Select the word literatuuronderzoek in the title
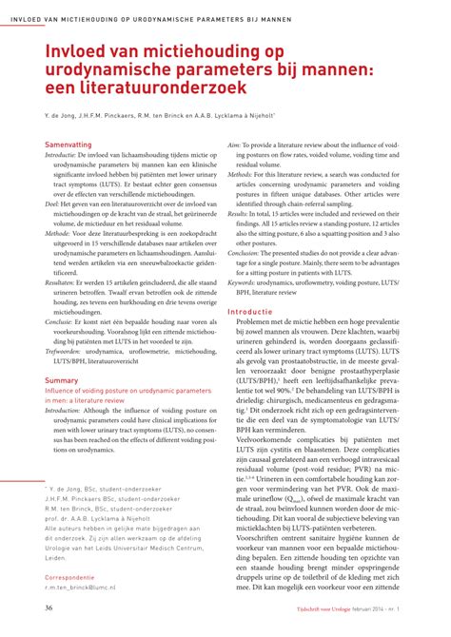point(167,87)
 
